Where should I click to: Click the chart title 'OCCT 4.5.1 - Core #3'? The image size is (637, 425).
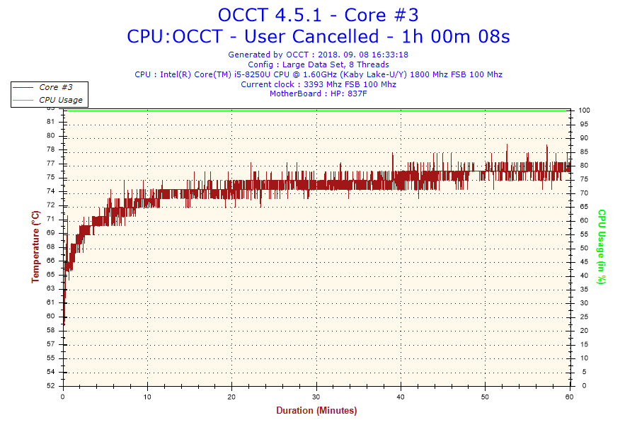(318, 14)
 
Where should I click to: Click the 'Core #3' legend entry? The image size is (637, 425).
(56, 87)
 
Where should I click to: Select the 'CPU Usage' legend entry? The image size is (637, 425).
(61, 100)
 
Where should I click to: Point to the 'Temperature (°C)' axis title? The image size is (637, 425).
(35, 246)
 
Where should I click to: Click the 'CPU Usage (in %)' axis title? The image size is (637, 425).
(602, 246)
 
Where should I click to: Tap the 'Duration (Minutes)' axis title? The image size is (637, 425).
(316, 411)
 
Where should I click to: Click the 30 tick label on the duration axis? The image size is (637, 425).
(316, 396)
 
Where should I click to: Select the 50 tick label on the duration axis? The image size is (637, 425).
(485, 396)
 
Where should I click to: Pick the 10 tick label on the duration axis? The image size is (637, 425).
(147, 396)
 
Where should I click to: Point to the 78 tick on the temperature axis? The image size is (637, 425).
(50, 149)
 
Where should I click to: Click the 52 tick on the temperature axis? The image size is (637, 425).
(50, 386)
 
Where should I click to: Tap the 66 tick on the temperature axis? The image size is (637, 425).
(50, 261)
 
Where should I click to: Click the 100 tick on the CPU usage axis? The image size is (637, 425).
(585, 110)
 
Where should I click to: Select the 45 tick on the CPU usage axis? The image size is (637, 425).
(583, 262)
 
